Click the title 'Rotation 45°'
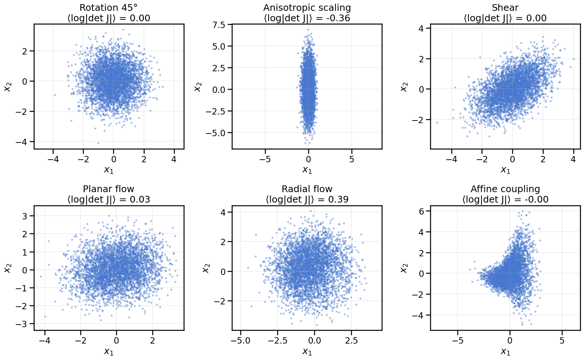(x=109, y=8)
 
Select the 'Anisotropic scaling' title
(x=307, y=8)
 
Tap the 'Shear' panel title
(x=505, y=8)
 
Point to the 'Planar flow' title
(x=109, y=189)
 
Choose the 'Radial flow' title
(x=307, y=189)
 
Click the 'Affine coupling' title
(x=505, y=189)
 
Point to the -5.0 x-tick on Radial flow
(x=241, y=341)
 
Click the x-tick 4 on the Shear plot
(x=573, y=160)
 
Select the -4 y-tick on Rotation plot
(x=23, y=142)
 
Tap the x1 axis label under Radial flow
(x=307, y=352)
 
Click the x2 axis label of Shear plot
(x=404, y=87)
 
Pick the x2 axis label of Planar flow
(x=7, y=268)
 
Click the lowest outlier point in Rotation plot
(x=98, y=143)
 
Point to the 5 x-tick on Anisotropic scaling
(x=352, y=160)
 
